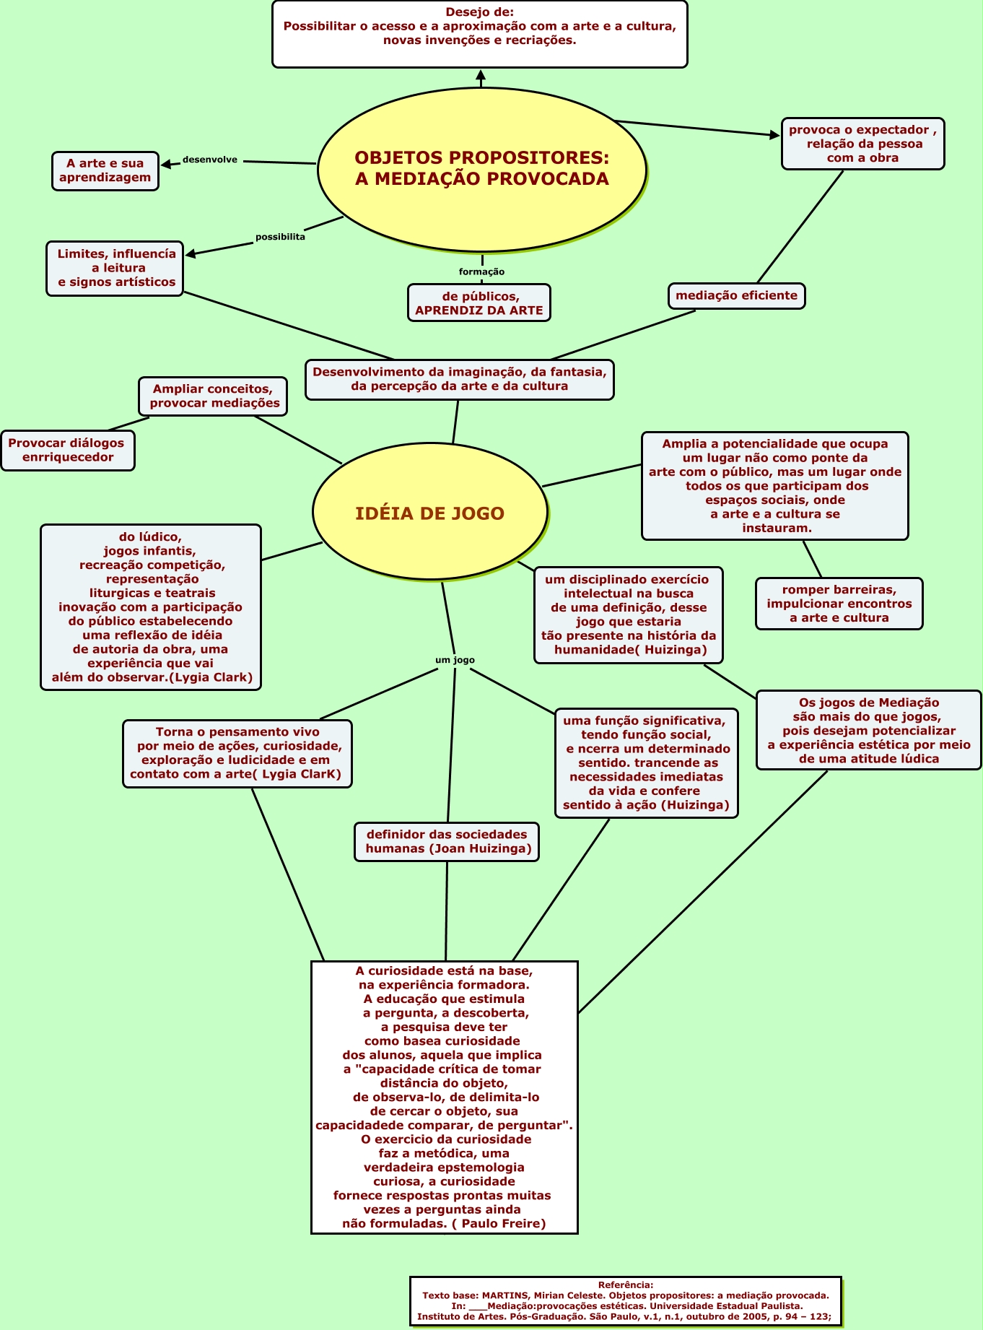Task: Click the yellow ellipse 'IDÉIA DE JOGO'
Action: pos(429,513)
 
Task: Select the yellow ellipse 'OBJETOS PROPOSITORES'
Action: pos(481,168)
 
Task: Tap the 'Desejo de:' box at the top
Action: pos(479,34)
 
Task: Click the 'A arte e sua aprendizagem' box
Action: pos(105,170)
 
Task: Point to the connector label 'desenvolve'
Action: pos(209,160)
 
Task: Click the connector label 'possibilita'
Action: pos(280,237)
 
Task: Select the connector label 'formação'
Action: pos(481,271)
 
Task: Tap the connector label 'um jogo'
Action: pos(455,660)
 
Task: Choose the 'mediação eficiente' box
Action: pos(736,295)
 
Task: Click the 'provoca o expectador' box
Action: pos(862,144)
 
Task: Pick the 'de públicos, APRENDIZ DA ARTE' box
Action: pos(479,303)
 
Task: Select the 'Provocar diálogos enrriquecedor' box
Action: pos(67,450)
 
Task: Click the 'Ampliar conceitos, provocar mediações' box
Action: pos(213,396)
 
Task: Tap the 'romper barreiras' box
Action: pos(839,604)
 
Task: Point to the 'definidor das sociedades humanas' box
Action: pos(447,841)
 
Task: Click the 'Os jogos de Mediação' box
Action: pos(868,730)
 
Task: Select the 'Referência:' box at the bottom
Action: pos(625,1300)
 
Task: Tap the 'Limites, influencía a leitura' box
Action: pos(115,268)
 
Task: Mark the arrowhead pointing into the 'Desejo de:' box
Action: pos(481,74)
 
